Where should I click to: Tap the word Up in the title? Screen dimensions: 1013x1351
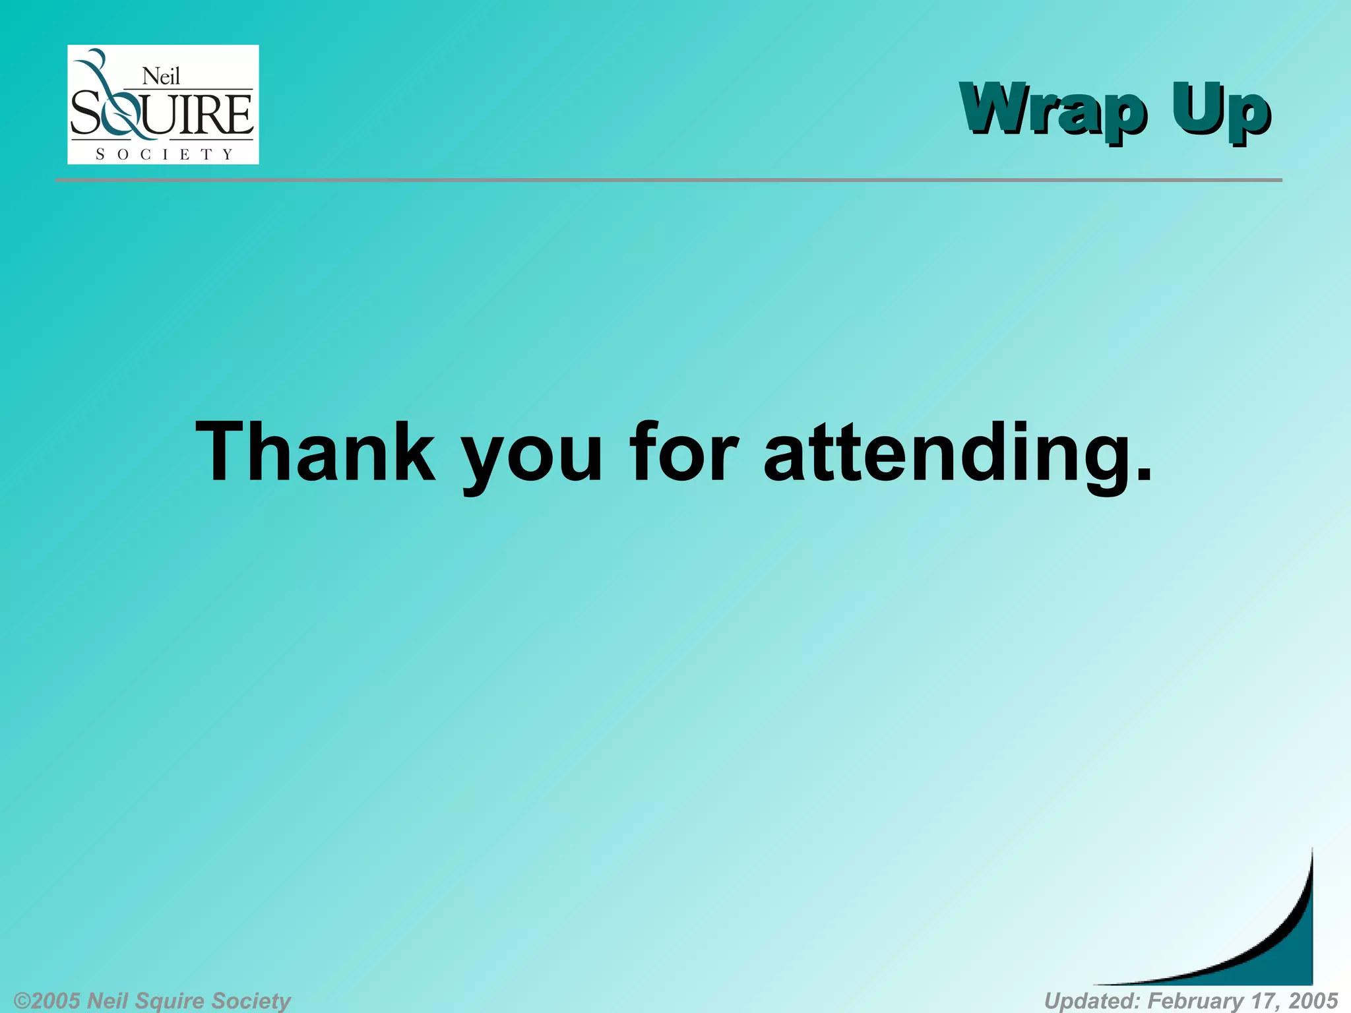(x=1220, y=111)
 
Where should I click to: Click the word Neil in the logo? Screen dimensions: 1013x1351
(x=161, y=77)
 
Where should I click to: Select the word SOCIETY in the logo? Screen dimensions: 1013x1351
(x=164, y=154)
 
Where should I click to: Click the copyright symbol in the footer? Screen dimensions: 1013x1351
(x=22, y=1000)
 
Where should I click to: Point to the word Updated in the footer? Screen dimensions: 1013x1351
(x=1092, y=1000)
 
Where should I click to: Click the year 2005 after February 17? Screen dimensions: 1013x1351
(x=1312, y=1000)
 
